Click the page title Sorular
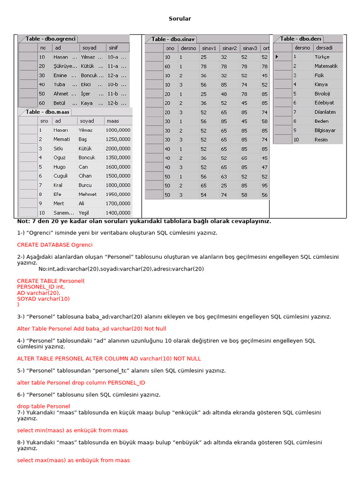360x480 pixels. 180,19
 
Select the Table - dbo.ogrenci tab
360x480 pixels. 51,39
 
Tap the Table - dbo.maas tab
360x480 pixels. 47,112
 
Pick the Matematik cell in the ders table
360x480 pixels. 326,66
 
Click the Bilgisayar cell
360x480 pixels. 325,130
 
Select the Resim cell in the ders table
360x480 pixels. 321,140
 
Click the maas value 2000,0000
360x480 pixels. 118,148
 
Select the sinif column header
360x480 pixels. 113,48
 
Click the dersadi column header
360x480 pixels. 324,47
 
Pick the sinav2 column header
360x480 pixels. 230,48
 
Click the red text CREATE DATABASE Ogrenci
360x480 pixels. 55,245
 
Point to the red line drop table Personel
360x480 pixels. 44,406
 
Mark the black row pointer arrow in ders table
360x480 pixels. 277,57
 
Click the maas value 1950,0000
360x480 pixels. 118,194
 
